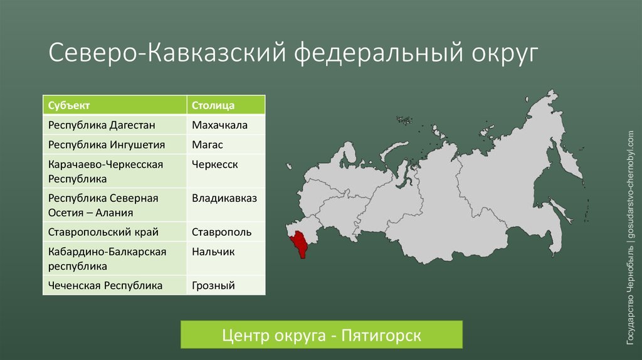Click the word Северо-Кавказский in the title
pyautogui.click(x=167, y=53)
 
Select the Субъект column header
pyautogui.click(x=115, y=105)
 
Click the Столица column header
pyautogui.click(x=226, y=105)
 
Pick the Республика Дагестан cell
pyautogui.click(x=115, y=125)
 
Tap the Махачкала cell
pyautogui.click(x=226, y=125)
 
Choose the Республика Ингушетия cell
pyautogui.click(x=115, y=145)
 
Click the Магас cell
pyautogui.click(x=226, y=145)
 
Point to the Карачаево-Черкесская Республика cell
pyautogui.click(x=115, y=171)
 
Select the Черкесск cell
pyautogui.click(x=226, y=171)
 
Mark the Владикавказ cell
pyautogui.click(x=226, y=205)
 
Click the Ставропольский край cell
pyautogui.click(x=115, y=232)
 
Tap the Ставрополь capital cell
pyautogui.click(x=226, y=232)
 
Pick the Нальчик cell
pyautogui.click(x=226, y=258)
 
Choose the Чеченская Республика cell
pyautogui.click(x=115, y=285)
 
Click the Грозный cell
pyautogui.click(x=226, y=285)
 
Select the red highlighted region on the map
pyautogui.click(x=300, y=243)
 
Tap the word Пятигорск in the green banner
pyautogui.click(x=381, y=336)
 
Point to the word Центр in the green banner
pyautogui.click(x=245, y=336)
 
